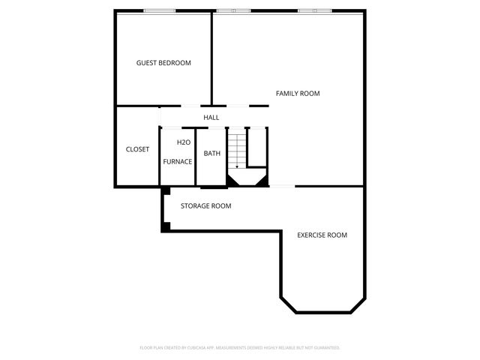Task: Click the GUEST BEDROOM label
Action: tap(163, 63)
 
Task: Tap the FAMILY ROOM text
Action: tap(298, 94)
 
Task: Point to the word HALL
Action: tap(211, 118)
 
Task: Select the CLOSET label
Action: tap(137, 149)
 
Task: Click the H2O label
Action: tap(183, 142)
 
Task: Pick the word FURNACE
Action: tap(178, 161)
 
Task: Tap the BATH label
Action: tap(212, 154)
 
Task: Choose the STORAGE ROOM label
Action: tap(205, 205)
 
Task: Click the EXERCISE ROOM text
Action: tap(322, 235)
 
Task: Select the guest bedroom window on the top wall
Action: tap(160, 10)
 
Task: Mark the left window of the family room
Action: tap(232, 10)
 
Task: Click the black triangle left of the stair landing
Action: tap(232, 181)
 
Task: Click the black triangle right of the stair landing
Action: tap(262, 181)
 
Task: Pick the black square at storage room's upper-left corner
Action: tap(164, 190)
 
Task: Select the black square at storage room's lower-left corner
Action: tap(166, 226)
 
